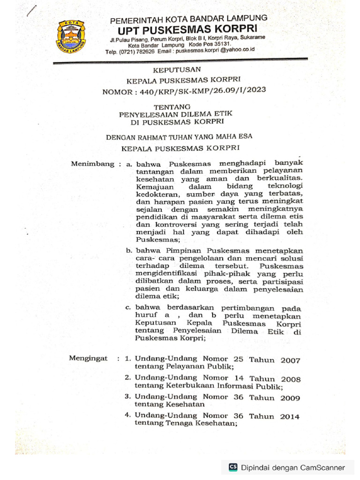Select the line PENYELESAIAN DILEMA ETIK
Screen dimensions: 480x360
click(x=176, y=114)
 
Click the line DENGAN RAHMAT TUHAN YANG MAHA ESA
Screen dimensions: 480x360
click(x=179, y=137)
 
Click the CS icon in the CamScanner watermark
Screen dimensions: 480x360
click(x=233, y=467)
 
